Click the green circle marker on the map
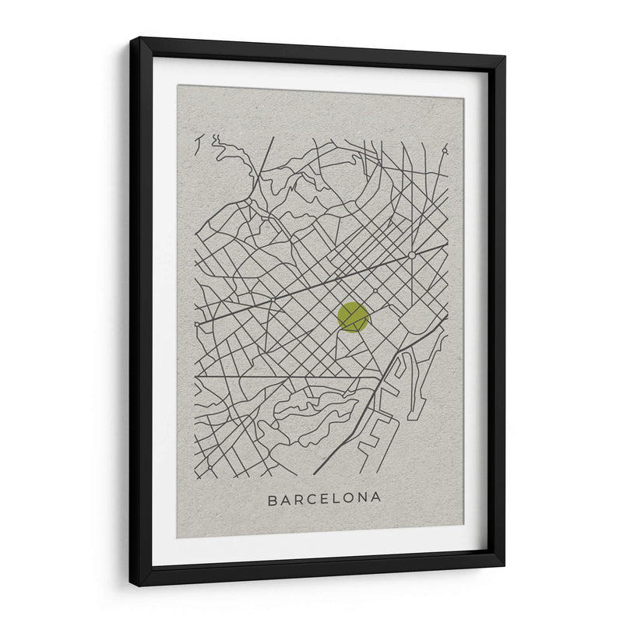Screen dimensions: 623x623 (353, 317)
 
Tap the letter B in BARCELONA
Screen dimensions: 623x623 (273, 498)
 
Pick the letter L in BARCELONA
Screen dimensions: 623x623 (340, 498)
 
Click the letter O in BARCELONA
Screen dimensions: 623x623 (352, 498)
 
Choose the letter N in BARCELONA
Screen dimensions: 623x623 (364, 498)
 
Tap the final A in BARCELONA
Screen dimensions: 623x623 (377, 498)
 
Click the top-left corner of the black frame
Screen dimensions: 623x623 (131, 38)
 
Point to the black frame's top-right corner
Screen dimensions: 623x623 (505, 57)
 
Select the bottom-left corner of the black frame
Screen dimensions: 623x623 (131, 585)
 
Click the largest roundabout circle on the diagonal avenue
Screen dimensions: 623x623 (411, 255)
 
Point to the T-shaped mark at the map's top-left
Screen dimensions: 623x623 (200, 143)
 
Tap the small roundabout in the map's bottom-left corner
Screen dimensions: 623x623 (209, 466)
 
